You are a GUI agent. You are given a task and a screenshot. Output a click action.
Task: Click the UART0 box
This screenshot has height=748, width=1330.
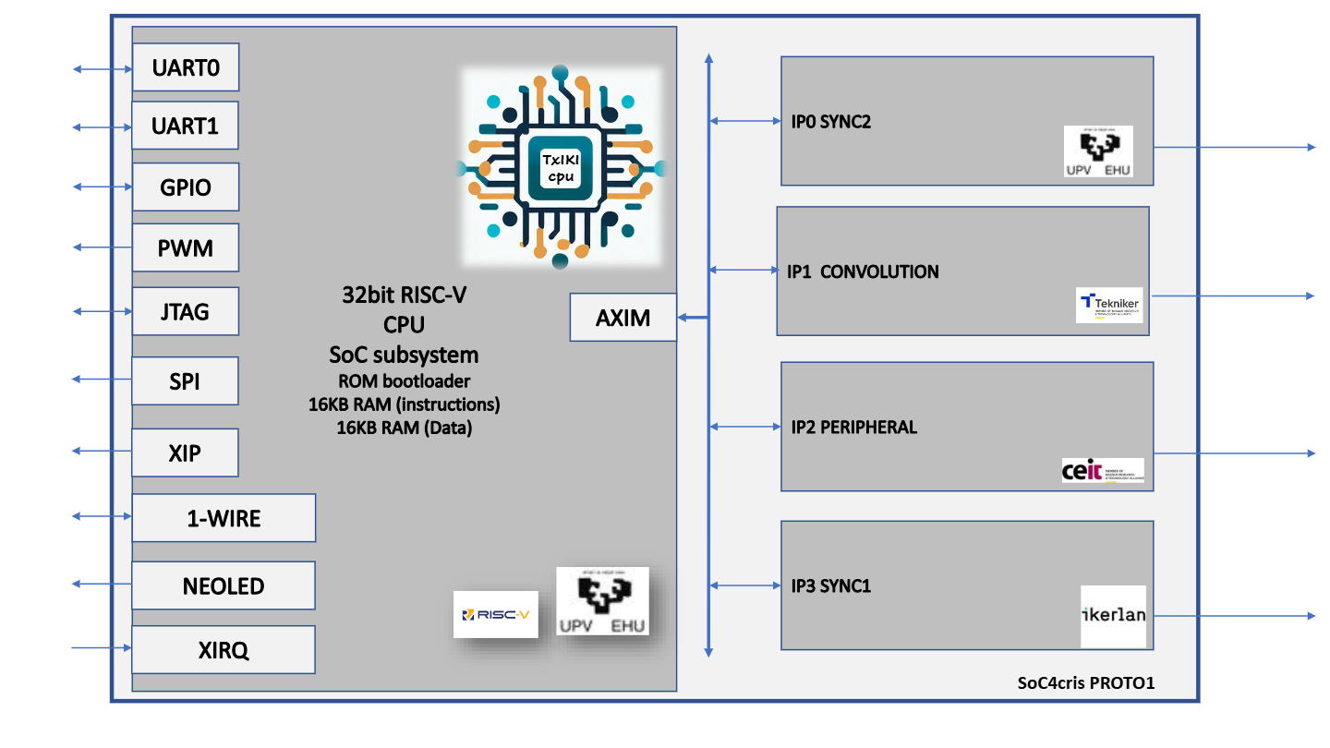(186, 67)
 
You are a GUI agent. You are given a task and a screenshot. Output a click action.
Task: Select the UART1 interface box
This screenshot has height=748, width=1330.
(186, 126)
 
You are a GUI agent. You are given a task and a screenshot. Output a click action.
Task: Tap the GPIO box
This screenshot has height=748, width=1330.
(186, 187)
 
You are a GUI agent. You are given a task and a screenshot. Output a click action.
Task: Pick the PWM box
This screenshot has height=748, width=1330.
(186, 247)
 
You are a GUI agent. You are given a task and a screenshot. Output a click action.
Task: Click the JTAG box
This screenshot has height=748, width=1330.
(186, 311)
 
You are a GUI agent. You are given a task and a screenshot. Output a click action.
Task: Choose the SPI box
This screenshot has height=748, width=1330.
(185, 380)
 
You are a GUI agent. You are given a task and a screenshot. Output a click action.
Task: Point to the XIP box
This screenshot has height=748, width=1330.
(185, 452)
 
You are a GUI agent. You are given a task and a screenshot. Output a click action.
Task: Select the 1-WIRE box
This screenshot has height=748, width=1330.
(224, 518)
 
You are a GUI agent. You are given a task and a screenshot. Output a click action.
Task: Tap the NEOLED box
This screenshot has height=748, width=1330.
(224, 585)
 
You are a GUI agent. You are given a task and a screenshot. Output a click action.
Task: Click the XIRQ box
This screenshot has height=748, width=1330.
(224, 650)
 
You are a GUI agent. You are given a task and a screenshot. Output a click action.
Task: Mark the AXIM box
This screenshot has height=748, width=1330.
(623, 318)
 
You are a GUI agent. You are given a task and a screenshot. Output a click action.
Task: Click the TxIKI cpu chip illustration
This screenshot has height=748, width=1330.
(562, 167)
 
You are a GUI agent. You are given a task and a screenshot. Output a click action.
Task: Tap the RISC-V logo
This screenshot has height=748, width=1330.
(495, 614)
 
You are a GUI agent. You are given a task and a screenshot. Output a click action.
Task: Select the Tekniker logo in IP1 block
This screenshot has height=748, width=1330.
(1108, 306)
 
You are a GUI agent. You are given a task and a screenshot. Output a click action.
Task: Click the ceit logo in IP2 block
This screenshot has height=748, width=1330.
(1103, 471)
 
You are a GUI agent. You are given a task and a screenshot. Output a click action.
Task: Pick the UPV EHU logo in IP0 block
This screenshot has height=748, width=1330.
(1098, 151)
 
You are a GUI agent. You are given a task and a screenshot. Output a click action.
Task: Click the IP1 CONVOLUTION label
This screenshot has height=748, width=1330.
(863, 272)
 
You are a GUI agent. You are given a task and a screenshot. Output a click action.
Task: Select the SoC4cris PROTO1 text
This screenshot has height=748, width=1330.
(1086, 683)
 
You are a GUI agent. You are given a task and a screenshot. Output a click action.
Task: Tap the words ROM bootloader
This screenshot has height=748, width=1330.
(404, 380)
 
